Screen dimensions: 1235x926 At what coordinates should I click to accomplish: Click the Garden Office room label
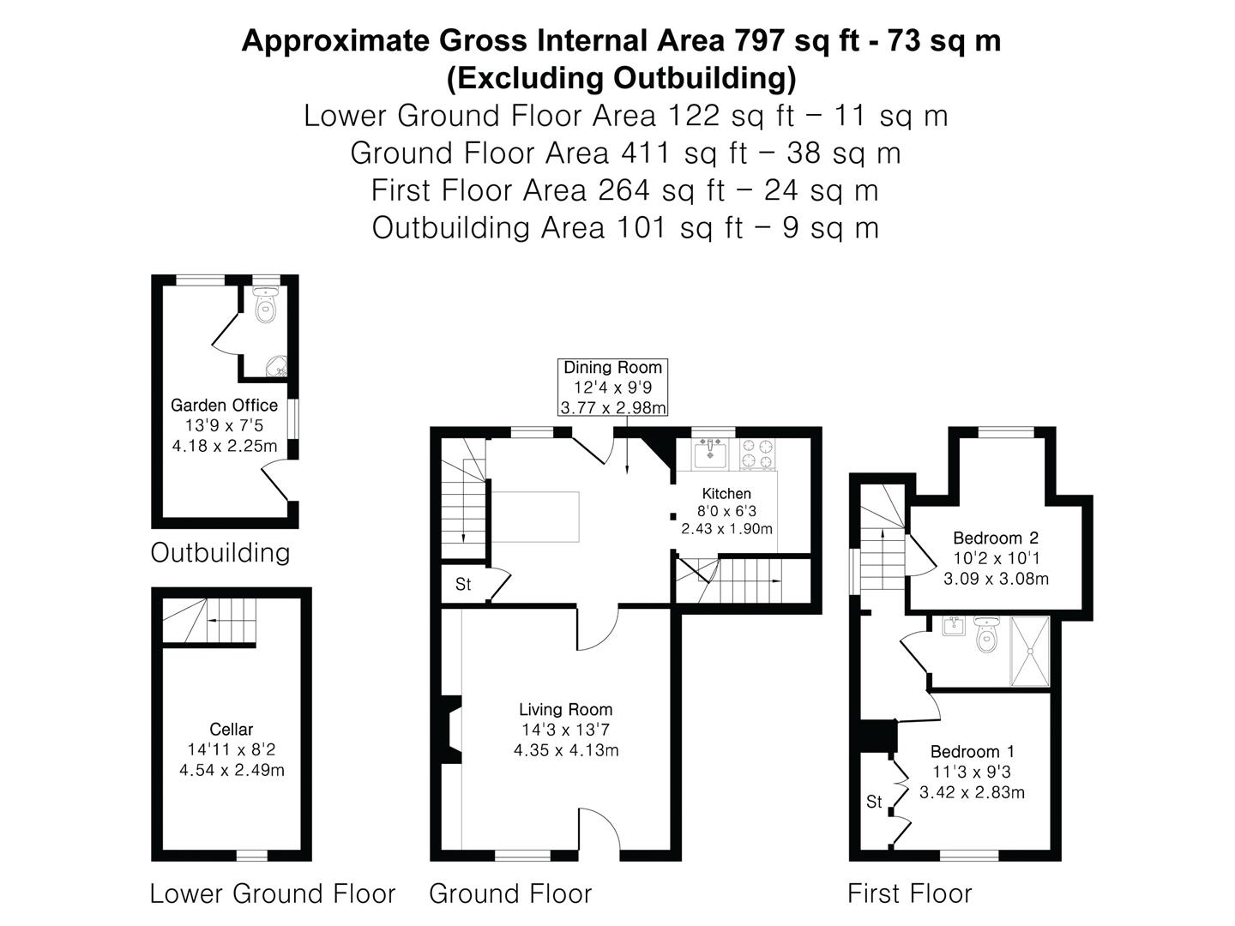click(224, 405)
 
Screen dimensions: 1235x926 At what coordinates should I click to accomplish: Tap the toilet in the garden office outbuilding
click(266, 304)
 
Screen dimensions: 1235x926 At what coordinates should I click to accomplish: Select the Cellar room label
click(232, 729)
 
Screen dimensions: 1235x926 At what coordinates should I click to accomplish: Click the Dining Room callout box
click(612, 387)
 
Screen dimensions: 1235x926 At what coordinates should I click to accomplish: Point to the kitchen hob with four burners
click(757, 454)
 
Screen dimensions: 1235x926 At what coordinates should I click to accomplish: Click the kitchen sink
click(710, 454)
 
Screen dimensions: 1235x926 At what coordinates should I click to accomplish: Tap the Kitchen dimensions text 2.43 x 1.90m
click(726, 529)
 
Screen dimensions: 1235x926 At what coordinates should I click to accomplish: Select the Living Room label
click(565, 710)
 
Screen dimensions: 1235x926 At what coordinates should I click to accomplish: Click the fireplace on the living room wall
click(451, 730)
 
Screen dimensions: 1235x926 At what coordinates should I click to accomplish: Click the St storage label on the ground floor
click(463, 585)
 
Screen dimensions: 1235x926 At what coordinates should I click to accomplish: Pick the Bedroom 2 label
click(996, 538)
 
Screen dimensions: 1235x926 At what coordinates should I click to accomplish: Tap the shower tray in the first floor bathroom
click(1030, 651)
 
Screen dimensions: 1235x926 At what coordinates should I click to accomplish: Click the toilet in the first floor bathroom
click(986, 634)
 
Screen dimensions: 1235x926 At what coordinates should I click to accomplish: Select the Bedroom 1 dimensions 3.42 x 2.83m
click(972, 792)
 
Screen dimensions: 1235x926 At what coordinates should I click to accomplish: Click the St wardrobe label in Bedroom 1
click(874, 802)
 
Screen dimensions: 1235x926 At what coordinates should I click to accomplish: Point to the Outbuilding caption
click(220, 553)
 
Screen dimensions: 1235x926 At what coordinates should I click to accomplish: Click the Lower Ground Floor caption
click(273, 893)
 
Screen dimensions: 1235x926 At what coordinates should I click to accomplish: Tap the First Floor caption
click(910, 893)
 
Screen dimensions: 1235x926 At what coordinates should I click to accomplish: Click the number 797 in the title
click(759, 41)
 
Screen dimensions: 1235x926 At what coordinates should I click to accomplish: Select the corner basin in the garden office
click(276, 366)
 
